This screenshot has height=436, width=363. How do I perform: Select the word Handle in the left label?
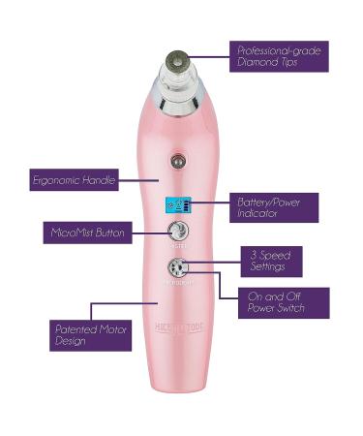pos(103,179)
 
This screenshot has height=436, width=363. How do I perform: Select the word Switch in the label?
pos(289,309)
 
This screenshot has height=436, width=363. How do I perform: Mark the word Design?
pos(69,343)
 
